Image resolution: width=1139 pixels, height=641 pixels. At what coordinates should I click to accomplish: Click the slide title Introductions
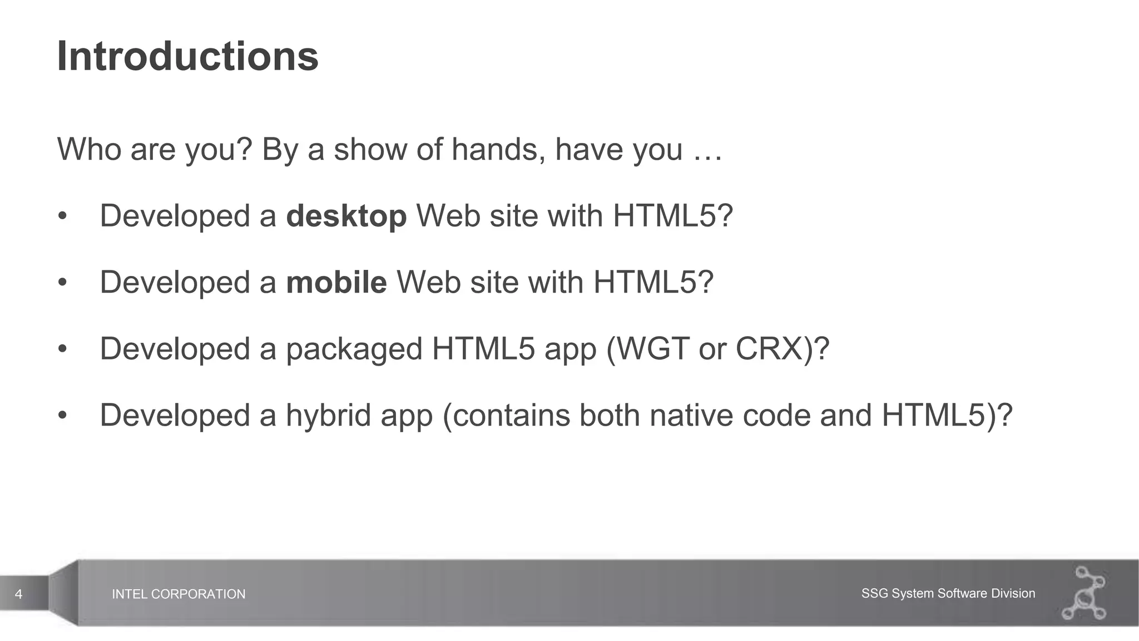(x=187, y=56)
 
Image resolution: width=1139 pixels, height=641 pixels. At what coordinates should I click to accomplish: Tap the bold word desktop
(x=346, y=216)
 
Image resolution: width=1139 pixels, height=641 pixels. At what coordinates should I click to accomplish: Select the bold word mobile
(x=336, y=282)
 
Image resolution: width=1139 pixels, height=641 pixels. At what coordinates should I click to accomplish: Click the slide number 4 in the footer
(x=18, y=594)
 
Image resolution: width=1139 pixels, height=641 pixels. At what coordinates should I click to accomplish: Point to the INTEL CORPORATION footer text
(x=179, y=594)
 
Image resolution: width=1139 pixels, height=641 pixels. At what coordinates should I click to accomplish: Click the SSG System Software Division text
(x=948, y=594)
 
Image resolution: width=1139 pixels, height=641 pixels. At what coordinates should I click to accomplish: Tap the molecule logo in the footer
(x=1084, y=593)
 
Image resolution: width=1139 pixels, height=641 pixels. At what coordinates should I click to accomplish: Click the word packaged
(x=354, y=350)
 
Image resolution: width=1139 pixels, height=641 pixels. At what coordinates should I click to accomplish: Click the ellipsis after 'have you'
(x=707, y=150)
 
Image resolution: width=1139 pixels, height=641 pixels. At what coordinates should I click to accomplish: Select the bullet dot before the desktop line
(x=62, y=216)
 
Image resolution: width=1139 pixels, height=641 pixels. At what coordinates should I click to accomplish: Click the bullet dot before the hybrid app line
(x=62, y=416)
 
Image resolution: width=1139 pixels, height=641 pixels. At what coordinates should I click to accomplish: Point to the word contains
(x=511, y=416)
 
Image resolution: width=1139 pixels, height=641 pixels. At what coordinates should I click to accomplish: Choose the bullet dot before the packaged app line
(x=62, y=349)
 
